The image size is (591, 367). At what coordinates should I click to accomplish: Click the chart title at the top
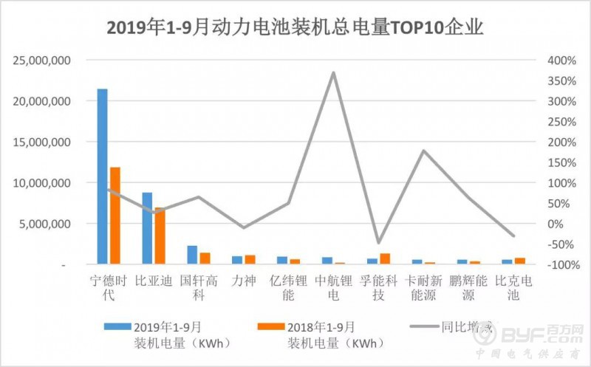(295, 29)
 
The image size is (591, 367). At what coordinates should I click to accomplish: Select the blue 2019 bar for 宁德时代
(102, 176)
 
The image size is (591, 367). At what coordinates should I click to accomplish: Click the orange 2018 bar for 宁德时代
(115, 215)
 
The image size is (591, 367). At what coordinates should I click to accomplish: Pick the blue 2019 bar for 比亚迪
(147, 227)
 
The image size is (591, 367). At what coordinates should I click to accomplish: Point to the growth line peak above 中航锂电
(333, 72)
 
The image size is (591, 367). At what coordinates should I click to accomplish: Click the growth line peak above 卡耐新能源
(424, 151)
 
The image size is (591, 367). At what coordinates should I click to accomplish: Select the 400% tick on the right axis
(560, 60)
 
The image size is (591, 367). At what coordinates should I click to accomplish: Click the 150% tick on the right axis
(560, 162)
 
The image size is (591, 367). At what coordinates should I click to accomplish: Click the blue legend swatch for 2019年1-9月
(116, 326)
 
